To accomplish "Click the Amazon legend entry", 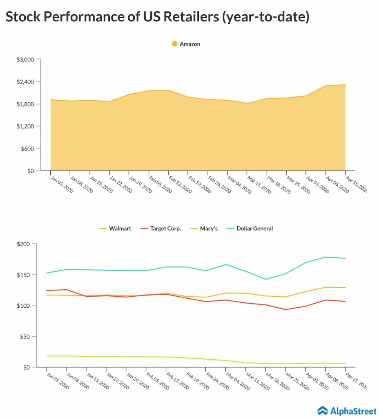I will point(186,44).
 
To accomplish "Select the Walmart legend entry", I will point(116,228).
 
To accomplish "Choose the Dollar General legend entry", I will point(250,228).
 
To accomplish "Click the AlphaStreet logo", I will point(347,410).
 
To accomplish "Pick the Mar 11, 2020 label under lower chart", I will point(257,381).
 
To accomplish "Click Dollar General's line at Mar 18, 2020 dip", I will point(266,279).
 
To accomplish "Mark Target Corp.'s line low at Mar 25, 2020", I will point(286,309).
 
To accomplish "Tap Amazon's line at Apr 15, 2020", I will point(346,85).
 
